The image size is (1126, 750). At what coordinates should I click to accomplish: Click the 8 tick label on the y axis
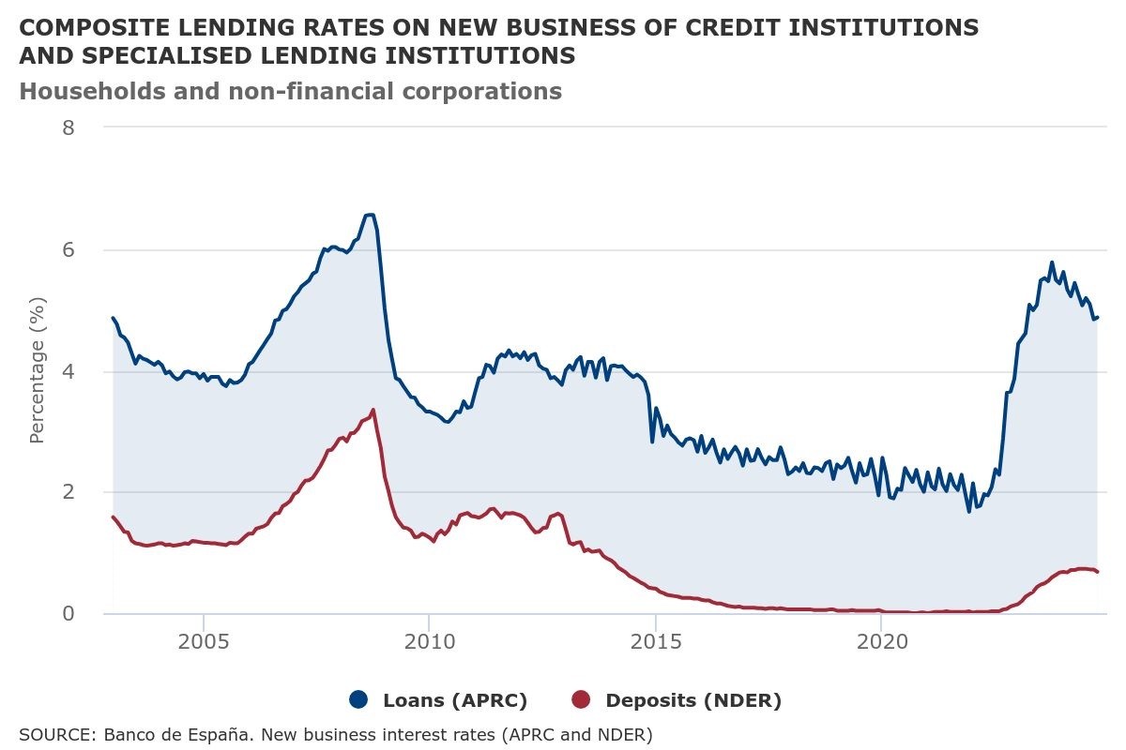coord(68,127)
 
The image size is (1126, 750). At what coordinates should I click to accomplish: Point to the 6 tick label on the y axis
coord(68,250)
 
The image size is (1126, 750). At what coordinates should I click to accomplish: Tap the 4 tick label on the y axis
coord(68,372)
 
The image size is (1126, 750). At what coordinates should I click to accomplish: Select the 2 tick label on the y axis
coord(68,492)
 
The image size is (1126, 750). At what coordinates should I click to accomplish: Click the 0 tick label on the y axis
coord(68,614)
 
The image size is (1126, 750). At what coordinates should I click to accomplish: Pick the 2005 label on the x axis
coord(204,642)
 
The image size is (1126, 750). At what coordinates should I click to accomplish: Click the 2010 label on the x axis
coord(429,642)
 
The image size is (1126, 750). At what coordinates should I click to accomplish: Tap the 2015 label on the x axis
coord(656,642)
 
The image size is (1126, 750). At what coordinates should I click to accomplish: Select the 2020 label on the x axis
coord(882,642)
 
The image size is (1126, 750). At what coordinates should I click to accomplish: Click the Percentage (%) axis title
coord(38,370)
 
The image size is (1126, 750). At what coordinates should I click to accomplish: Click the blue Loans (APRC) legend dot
coord(358,700)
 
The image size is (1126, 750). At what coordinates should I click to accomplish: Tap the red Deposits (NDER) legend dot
coord(582,700)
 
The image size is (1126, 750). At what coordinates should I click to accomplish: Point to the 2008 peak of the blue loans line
coord(370,215)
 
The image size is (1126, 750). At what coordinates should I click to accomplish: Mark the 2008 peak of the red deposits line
coord(373,410)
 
